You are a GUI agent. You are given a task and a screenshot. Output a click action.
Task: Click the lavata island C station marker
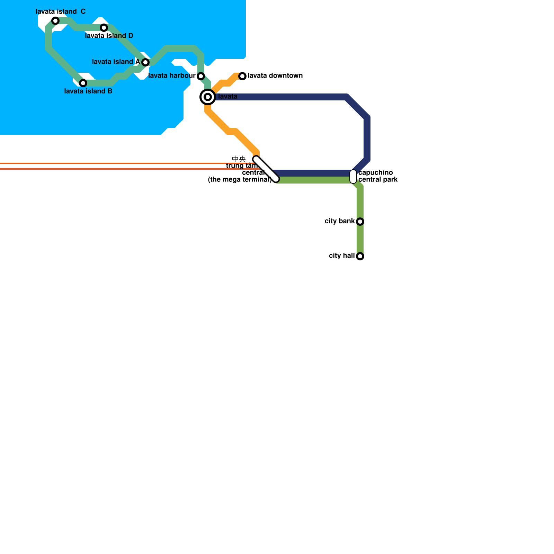[x=55, y=21]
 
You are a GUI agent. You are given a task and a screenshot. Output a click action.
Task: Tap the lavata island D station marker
[x=104, y=28]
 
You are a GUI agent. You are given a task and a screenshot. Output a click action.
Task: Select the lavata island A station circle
[x=145, y=62]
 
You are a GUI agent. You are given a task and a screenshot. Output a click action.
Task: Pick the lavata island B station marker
[x=83, y=83]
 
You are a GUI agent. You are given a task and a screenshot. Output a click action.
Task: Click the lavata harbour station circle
[x=201, y=76]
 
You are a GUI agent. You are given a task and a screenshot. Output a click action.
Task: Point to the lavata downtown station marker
[x=242, y=76]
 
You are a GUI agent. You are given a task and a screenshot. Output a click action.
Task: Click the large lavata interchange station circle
[x=208, y=97]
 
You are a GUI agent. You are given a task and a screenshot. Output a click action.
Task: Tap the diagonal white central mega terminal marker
[x=266, y=169]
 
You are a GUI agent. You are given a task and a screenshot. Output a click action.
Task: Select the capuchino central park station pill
[x=353, y=177]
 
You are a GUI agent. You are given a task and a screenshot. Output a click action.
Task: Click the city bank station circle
[x=360, y=222]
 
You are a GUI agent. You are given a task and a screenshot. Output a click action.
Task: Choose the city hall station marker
[x=360, y=256]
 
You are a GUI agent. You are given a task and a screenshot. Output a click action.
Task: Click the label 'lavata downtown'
[x=275, y=76]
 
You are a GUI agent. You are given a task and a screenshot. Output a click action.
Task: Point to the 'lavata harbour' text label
[x=172, y=76]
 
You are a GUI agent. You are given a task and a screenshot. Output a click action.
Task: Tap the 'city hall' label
[x=342, y=256]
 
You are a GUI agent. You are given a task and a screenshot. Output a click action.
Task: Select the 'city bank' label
[x=340, y=221]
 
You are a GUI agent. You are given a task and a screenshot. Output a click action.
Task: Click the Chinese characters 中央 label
[x=239, y=159]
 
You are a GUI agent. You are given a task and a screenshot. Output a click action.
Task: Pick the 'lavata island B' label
[x=88, y=91]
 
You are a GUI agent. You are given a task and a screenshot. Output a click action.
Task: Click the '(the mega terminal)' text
[x=240, y=180]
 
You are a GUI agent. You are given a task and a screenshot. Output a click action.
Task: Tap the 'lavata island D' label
[x=109, y=36]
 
